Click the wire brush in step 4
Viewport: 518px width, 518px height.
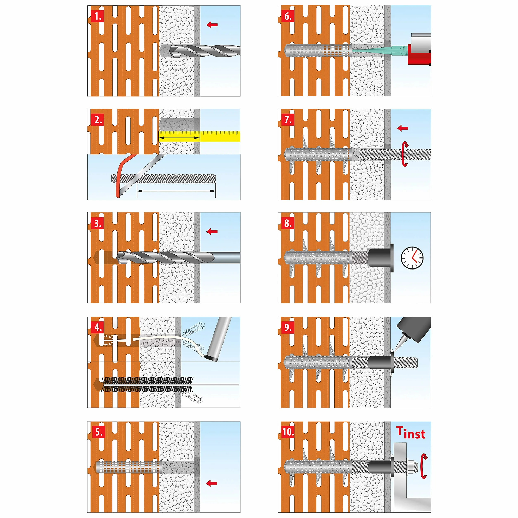click(x=148, y=384)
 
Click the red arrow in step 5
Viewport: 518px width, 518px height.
click(x=211, y=483)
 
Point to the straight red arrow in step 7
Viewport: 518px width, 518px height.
click(x=402, y=128)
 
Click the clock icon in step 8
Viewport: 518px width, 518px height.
click(x=412, y=258)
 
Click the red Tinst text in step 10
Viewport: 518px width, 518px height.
click(x=411, y=433)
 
